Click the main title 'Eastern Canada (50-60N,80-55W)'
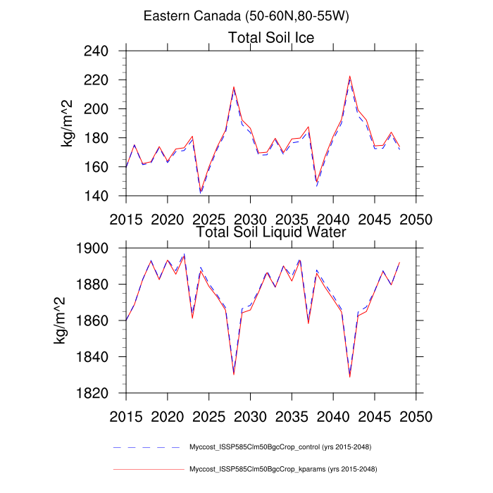[246, 15]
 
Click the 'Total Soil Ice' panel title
[271, 37]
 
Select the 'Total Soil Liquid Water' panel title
[271, 231]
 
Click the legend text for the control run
[280, 447]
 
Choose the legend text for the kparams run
[280, 468]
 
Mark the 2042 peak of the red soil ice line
[349, 76]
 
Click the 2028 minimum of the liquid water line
[234, 374]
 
